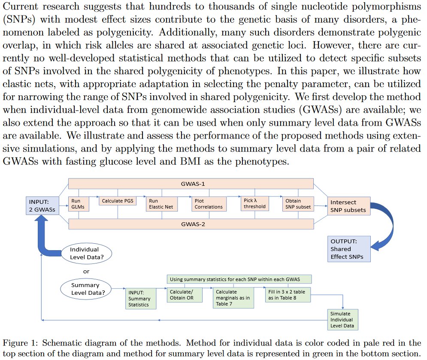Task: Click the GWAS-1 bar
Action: click(x=191, y=183)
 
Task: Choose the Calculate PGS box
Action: click(x=118, y=201)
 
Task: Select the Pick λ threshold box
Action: click(x=254, y=203)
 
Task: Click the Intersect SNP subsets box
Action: click(x=348, y=206)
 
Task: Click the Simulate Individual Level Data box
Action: click(x=342, y=320)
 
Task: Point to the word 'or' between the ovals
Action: click(x=86, y=271)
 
